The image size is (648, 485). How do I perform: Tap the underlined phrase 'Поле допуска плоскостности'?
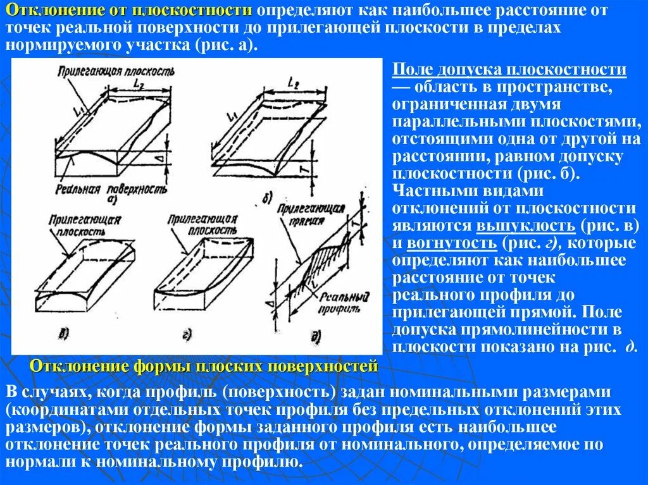(509, 70)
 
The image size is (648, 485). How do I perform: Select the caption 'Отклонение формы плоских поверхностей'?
(204, 366)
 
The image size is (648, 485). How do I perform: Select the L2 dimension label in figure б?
(293, 82)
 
